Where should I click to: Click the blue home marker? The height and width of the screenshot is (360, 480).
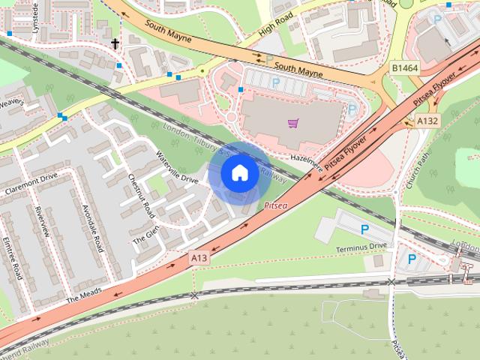click(x=239, y=172)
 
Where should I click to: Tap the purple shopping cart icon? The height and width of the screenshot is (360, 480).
click(x=292, y=122)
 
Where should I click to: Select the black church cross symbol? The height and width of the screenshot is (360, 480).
click(x=115, y=44)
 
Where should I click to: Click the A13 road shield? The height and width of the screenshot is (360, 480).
click(x=199, y=257)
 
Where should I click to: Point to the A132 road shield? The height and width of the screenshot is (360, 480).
click(x=428, y=120)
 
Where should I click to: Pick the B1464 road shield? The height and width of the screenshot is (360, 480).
click(x=404, y=68)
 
